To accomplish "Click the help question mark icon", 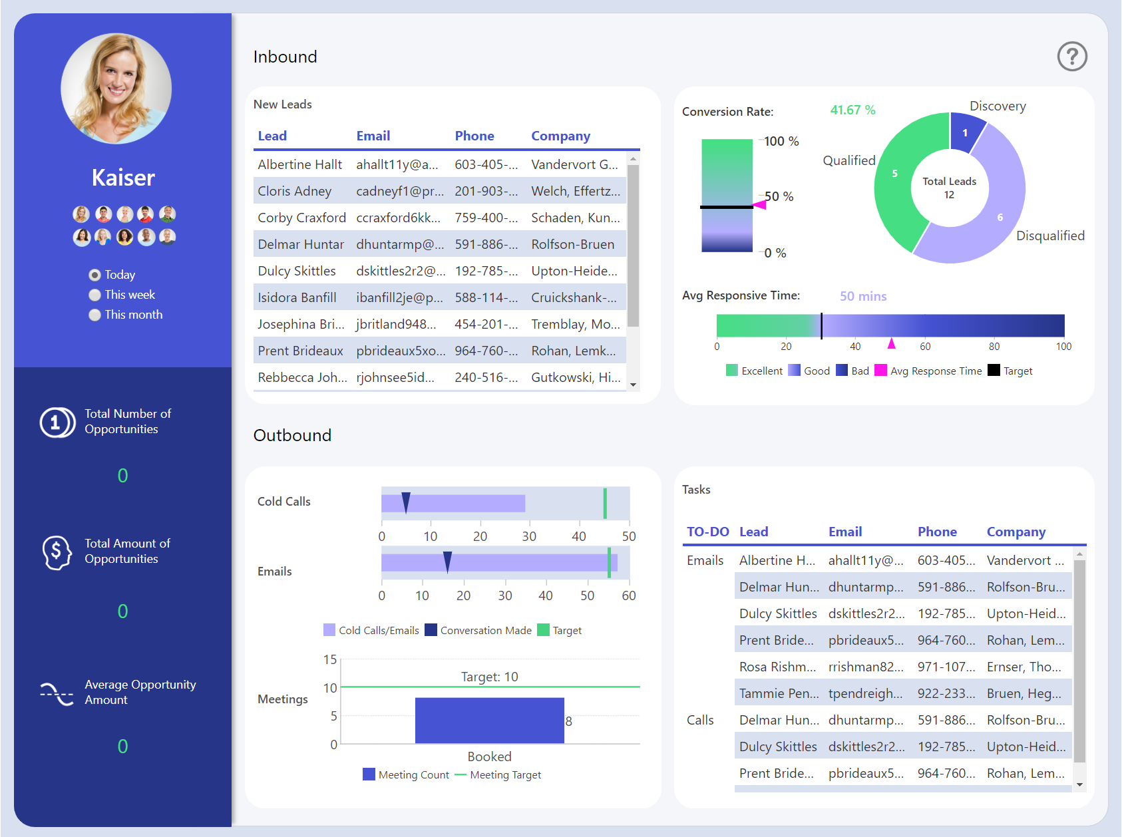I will coord(1071,57).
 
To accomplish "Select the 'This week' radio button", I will coord(95,295).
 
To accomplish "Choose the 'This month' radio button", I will coord(95,315).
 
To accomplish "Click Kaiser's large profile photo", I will coord(116,88).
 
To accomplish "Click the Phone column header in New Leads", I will coord(474,136).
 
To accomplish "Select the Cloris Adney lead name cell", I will coord(294,191).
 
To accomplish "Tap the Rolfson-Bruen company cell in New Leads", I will coord(572,244).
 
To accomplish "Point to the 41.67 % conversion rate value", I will coord(852,110).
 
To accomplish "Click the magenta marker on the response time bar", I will coord(891,344).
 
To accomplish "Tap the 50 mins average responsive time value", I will coord(862,296).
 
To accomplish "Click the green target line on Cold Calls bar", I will coord(605,503).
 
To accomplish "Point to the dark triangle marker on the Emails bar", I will coord(447,562).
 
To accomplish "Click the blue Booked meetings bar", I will coord(489,720).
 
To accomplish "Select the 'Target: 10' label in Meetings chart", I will coord(489,677).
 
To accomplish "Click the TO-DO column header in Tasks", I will coord(707,532).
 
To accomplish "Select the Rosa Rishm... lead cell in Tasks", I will coord(777,667).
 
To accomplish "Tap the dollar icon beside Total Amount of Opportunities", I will coord(57,552).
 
